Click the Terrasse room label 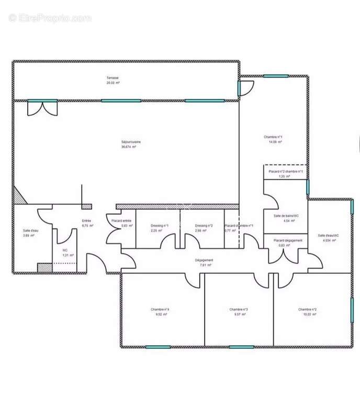(113, 78)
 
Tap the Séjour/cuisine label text (131, 141)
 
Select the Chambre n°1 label (273, 137)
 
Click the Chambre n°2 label (307, 309)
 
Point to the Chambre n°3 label (239, 309)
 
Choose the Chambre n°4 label (160, 309)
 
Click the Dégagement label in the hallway (204, 260)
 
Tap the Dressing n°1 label (160, 226)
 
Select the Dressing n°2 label (204, 226)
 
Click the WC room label (65, 250)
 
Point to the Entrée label (87, 220)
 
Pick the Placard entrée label (121, 220)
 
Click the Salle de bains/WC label (286, 216)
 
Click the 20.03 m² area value (113, 83)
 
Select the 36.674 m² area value (129, 147)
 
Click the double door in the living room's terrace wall (43, 108)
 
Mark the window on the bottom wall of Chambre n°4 (158, 347)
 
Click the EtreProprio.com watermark (50, 18)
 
